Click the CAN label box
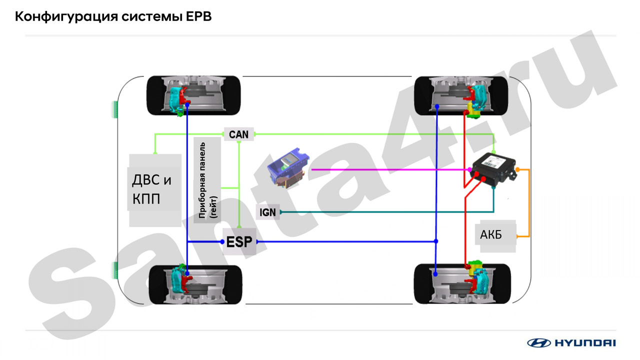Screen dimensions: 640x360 pyautogui.click(x=239, y=134)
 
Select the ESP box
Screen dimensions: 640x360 pyautogui.click(x=239, y=241)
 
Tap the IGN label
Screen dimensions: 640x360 pyautogui.click(x=267, y=212)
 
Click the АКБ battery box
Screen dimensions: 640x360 pyautogui.click(x=495, y=235)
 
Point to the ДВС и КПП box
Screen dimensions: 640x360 pyautogui.click(x=154, y=190)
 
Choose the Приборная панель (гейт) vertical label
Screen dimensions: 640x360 pyautogui.click(x=207, y=180)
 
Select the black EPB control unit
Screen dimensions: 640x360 pyautogui.click(x=493, y=169)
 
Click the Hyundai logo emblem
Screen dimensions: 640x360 pyautogui.click(x=539, y=342)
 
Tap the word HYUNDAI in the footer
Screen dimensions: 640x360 pyautogui.click(x=585, y=343)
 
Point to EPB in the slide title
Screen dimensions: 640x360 pyautogui.click(x=199, y=16)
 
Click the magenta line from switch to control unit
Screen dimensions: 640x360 pyautogui.click(x=391, y=169)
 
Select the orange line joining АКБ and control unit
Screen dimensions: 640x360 pyautogui.click(x=529, y=203)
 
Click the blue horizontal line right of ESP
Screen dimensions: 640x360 pyautogui.click(x=346, y=241)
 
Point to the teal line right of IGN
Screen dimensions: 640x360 pyautogui.click(x=387, y=212)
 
